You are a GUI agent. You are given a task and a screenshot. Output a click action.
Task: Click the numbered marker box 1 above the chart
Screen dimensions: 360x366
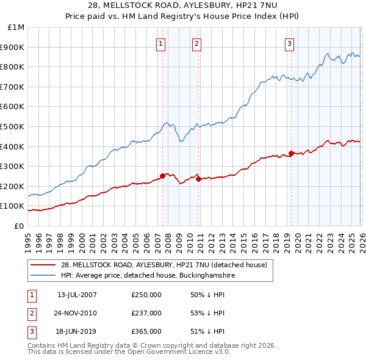(160, 43)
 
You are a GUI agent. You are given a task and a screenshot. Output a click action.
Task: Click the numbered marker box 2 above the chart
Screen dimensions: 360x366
(196, 43)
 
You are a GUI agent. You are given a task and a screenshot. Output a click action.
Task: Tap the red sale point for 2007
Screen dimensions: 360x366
(162, 176)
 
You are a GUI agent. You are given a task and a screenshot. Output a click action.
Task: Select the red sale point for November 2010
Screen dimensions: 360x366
(199, 179)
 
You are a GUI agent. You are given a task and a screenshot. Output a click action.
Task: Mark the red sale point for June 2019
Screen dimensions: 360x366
(291, 153)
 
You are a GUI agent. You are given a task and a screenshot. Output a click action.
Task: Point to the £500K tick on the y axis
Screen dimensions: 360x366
(13, 127)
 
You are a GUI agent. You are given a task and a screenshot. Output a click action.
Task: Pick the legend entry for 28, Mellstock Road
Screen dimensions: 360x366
(164, 265)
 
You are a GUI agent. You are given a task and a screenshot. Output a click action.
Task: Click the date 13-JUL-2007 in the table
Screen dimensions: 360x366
(77, 295)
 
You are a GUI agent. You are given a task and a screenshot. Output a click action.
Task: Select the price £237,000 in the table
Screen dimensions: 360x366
(146, 313)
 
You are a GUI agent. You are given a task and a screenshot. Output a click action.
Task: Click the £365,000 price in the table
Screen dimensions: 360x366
(146, 331)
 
